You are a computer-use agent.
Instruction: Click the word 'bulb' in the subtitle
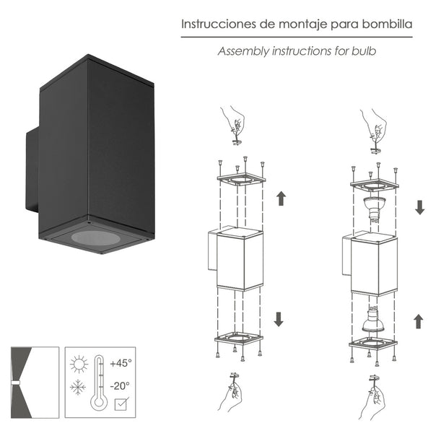[x=364, y=51]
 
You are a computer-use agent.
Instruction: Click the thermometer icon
[x=99, y=381]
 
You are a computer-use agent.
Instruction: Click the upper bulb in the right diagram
[x=375, y=209]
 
